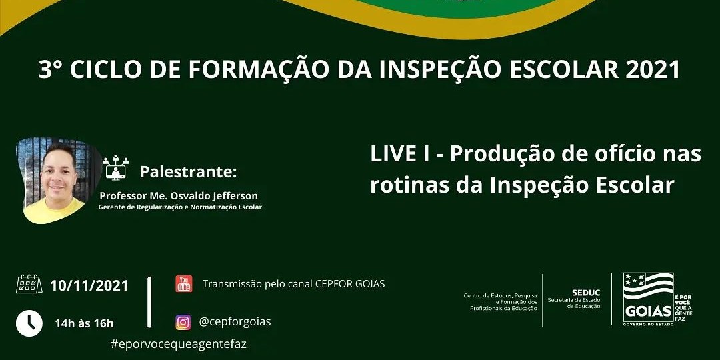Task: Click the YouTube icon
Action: [184, 284]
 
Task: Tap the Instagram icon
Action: [183, 323]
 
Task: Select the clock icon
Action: [29, 323]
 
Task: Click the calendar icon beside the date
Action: [29, 284]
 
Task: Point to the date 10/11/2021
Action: [89, 285]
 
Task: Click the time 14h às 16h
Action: [84, 323]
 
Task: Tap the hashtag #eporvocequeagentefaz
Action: [179, 344]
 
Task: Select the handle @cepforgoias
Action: [235, 322]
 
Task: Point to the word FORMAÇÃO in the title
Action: [258, 70]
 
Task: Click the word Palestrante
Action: [188, 172]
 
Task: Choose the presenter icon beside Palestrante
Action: [116, 167]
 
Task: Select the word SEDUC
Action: [586, 293]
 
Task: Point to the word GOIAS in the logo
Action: [649, 312]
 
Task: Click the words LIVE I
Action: [400, 154]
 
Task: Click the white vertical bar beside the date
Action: [149, 303]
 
